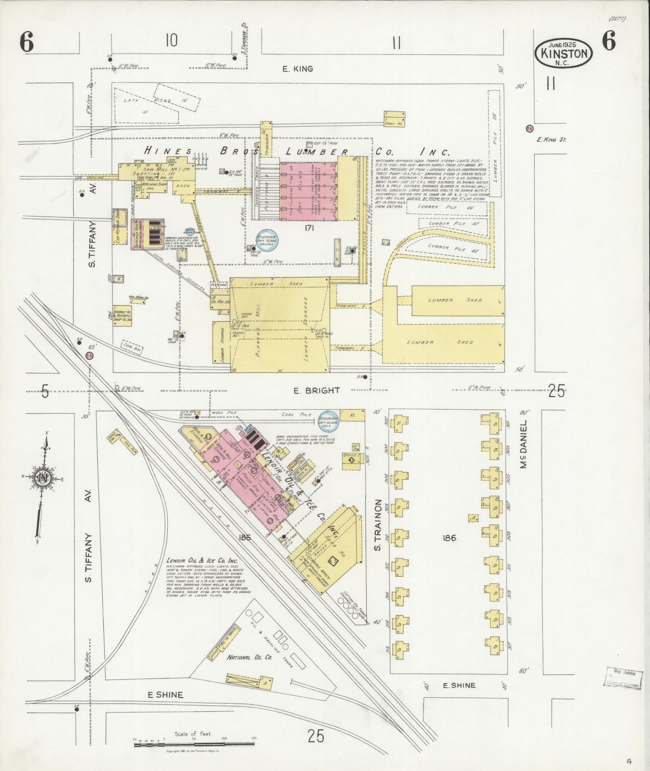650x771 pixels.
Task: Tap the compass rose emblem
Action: pyautogui.click(x=42, y=477)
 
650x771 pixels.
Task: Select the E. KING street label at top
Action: pyautogui.click(x=297, y=69)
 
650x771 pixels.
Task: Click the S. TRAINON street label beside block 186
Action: pyautogui.click(x=378, y=524)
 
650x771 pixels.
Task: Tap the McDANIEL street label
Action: pyautogui.click(x=523, y=444)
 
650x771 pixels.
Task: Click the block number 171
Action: pyautogui.click(x=309, y=228)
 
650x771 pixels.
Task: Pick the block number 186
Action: pyautogui.click(x=449, y=538)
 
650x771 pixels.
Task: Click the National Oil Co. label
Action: pyautogui.click(x=249, y=657)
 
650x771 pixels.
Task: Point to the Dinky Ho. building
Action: pyautogui.click(x=394, y=118)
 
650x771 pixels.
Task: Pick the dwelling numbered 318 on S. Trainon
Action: pyautogui.click(x=399, y=649)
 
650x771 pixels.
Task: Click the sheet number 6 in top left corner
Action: pyautogui.click(x=27, y=43)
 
